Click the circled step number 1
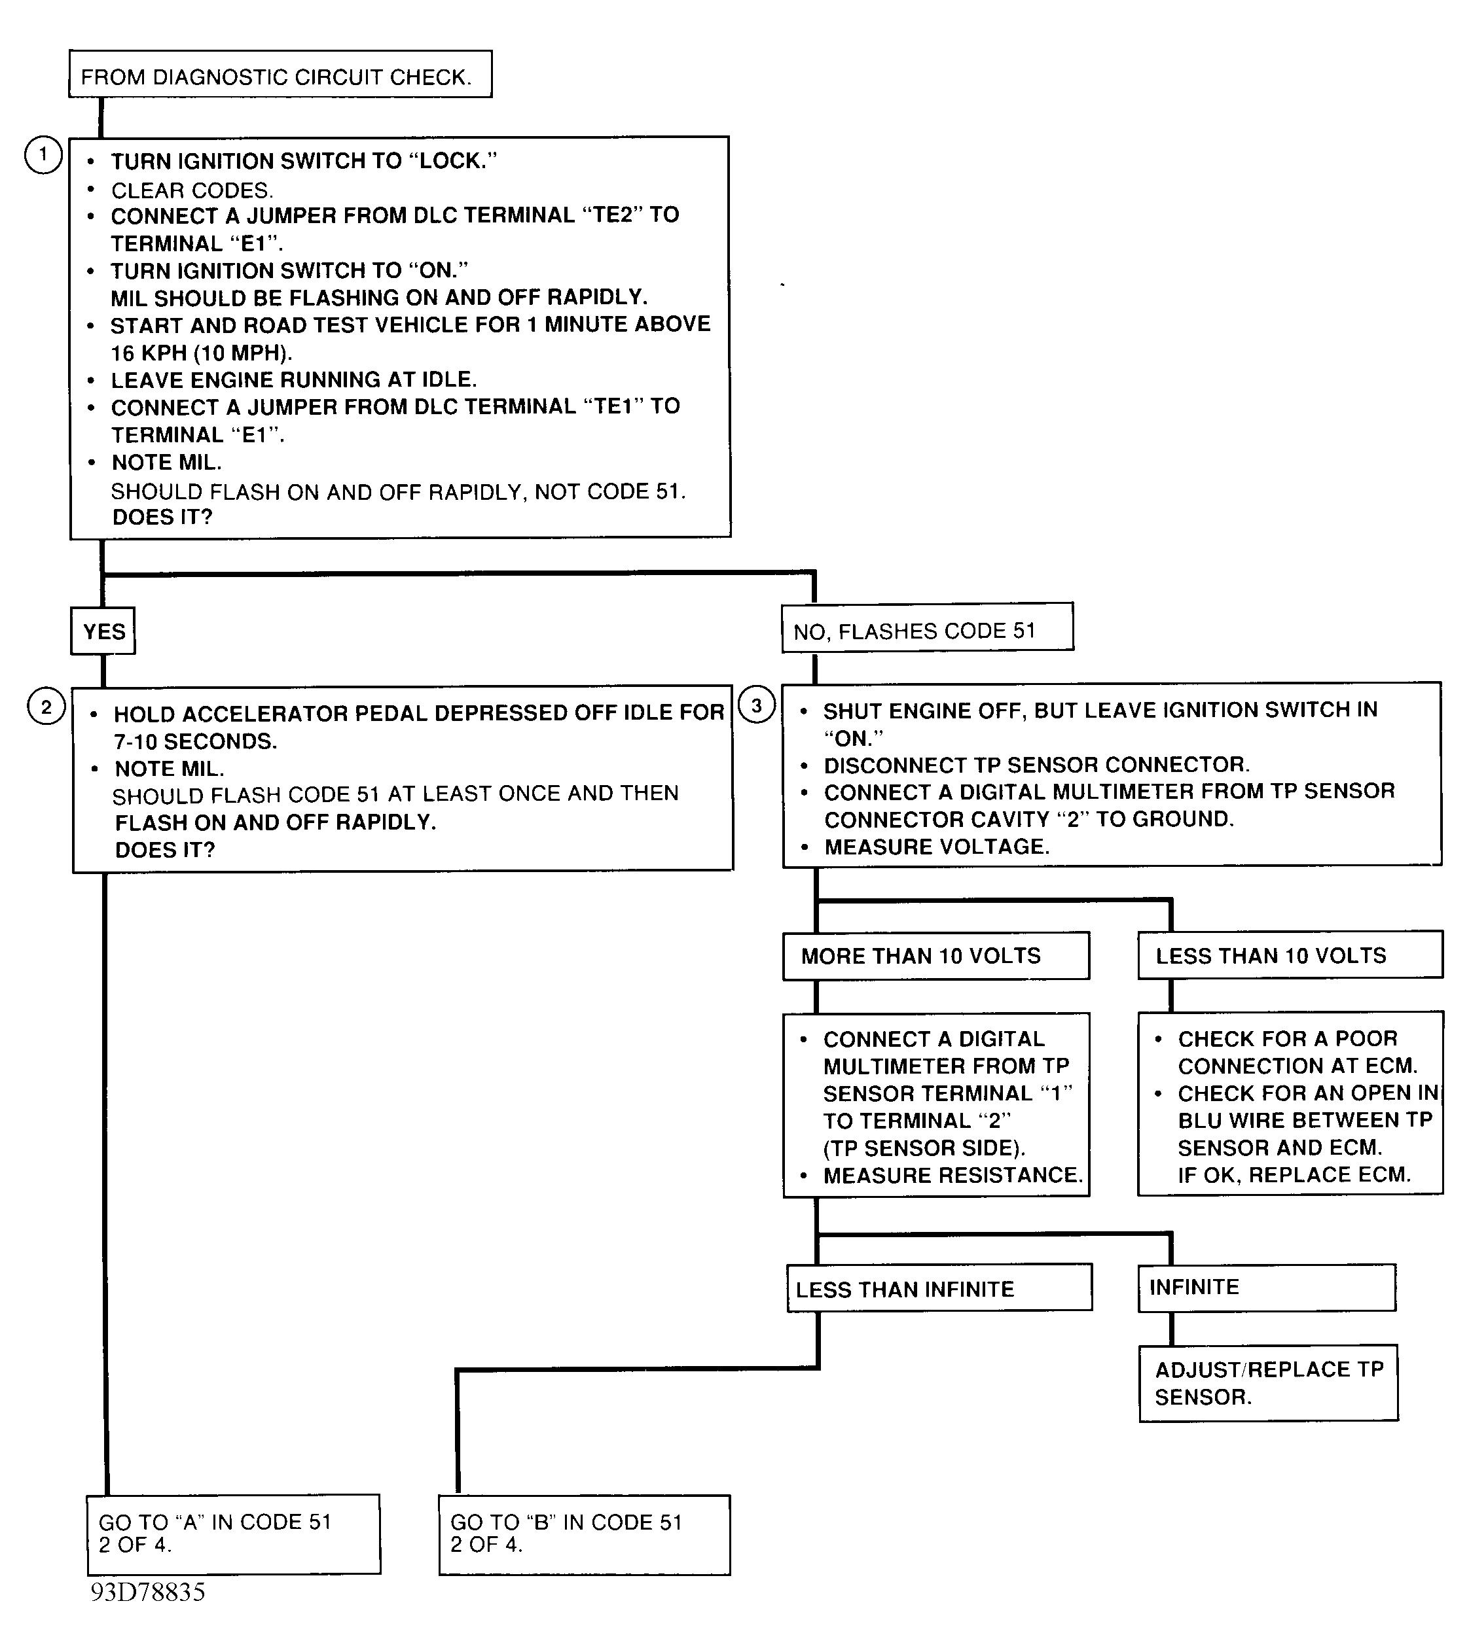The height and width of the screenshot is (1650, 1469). [44, 155]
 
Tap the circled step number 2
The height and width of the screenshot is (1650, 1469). [46, 707]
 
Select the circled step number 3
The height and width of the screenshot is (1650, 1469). [756, 705]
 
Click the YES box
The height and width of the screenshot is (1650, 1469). [103, 631]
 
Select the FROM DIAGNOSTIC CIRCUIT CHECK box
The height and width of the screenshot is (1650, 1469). [280, 75]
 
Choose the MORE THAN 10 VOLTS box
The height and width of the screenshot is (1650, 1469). [935, 956]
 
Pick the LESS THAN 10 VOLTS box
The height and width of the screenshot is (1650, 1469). [1290, 955]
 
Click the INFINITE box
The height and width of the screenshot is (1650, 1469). [1266, 1287]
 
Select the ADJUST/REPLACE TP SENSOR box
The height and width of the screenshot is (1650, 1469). [1268, 1383]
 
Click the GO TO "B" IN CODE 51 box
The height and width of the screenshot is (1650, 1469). [584, 1534]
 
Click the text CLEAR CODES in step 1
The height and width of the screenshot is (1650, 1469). [192, 190]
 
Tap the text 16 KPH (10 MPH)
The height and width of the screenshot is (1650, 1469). [201, 353]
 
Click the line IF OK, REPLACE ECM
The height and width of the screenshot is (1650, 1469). [1294, 1174]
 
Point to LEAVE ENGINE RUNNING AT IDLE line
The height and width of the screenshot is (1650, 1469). [294, 379]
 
